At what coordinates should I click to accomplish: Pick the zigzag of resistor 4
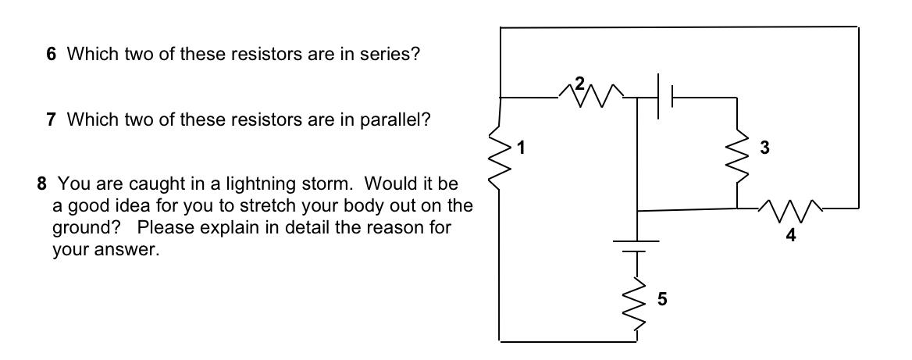(x=791, y=209)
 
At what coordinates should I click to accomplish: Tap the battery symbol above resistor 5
(x=637, y=244)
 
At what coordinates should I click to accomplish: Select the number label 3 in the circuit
(x=765, y=147)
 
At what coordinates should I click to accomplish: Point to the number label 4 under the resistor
(x=791, y=237)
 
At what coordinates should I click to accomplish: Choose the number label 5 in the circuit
(x=662, y=298)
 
